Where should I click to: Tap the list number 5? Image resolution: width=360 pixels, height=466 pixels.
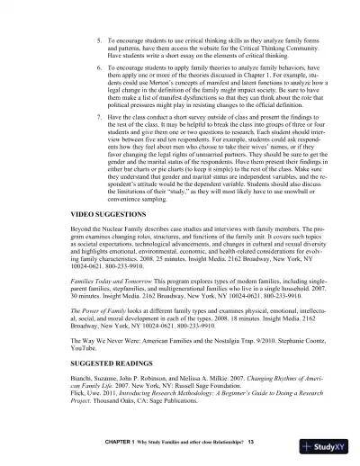click(97, 42)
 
